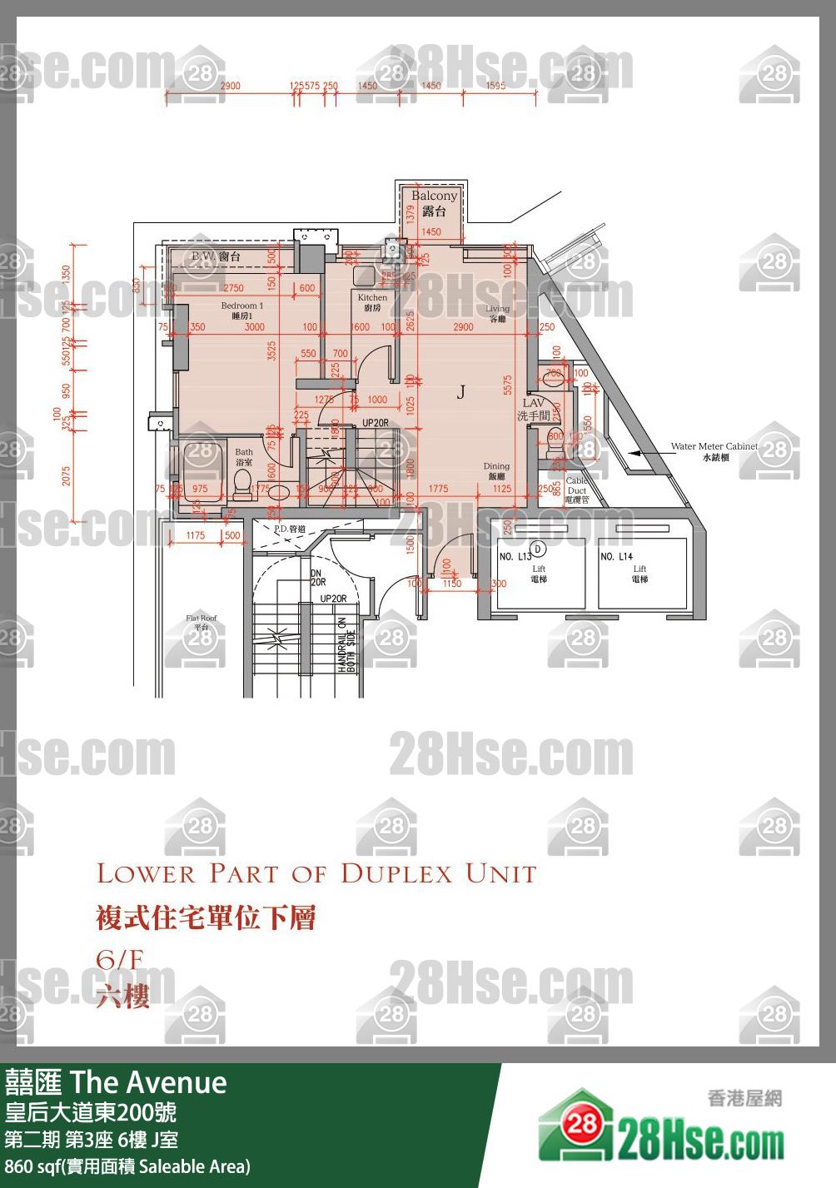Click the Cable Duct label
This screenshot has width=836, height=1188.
pos(576,490)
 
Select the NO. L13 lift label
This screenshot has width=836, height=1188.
pos(515,556)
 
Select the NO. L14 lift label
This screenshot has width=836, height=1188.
pos(617,556)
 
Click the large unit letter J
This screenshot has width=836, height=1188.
pos(460,392)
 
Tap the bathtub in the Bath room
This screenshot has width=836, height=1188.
pos(201,471)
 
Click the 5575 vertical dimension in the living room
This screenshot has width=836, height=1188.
pos(507,385)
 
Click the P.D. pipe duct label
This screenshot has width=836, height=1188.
pos(289,529)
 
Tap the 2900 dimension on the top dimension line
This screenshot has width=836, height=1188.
pos(230,86)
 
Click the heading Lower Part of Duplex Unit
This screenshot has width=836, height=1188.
pos(316,874)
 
